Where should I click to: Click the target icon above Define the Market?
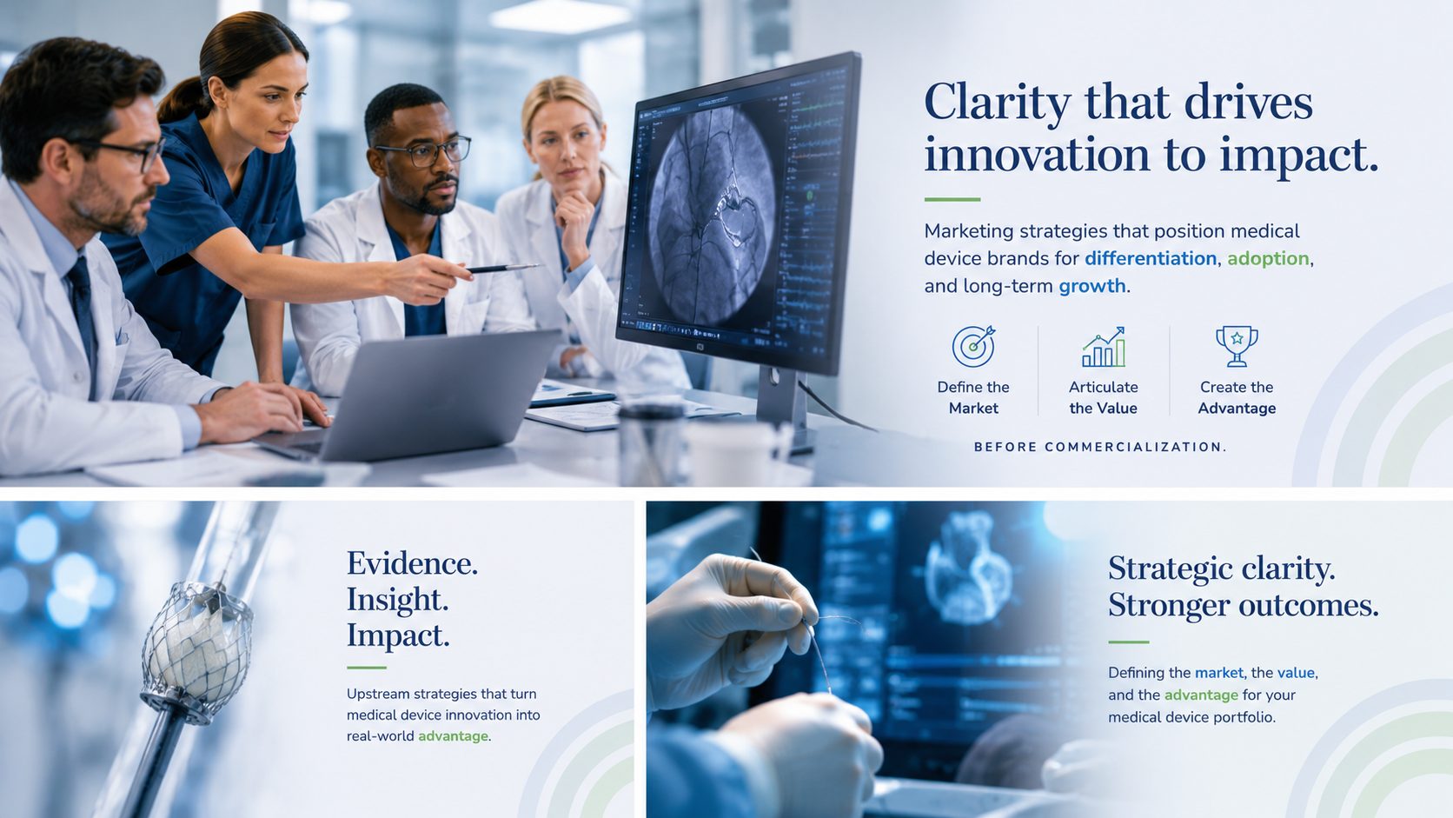coord(973,346)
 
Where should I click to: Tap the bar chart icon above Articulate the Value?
coord(1104,347)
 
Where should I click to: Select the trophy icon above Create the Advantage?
coord(1237,346)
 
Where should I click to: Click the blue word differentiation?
coord(1150,258)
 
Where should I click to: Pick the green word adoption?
coord(1268,259)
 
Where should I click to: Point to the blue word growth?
coord(1091,286)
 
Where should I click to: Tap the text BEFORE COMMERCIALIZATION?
coord(1100,447)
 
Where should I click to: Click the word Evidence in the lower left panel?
coord(412,563)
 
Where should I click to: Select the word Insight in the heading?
coord(397,599)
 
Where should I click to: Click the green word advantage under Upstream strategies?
coord(453,736)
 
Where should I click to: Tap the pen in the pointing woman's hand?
coord(502,268)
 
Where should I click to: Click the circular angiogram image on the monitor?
coord(712,214)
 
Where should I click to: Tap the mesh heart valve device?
coord(196,652)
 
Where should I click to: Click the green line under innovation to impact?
coord(952,199)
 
